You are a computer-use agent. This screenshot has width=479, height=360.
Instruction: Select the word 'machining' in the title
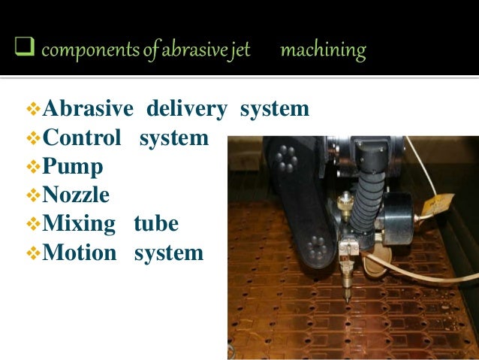point(322,51)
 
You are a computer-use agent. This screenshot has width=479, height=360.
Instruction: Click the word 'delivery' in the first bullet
point(187,110)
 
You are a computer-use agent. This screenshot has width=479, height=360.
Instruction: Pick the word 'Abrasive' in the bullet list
point(88,110)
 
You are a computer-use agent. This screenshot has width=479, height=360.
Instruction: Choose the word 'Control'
point(82,138)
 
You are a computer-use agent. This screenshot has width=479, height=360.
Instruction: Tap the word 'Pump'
point(73,167)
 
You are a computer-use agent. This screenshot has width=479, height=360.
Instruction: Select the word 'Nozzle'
point(77,195)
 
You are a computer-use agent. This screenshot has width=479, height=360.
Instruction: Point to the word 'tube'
point(156,224)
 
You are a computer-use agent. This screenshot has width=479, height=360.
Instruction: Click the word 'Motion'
point(80,253)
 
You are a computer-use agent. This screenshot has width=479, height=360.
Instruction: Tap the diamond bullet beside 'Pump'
point(32,167)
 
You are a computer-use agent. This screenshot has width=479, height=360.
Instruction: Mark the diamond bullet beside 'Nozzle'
point(32,195)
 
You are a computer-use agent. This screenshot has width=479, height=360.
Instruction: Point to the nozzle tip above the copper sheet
point(347,298)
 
